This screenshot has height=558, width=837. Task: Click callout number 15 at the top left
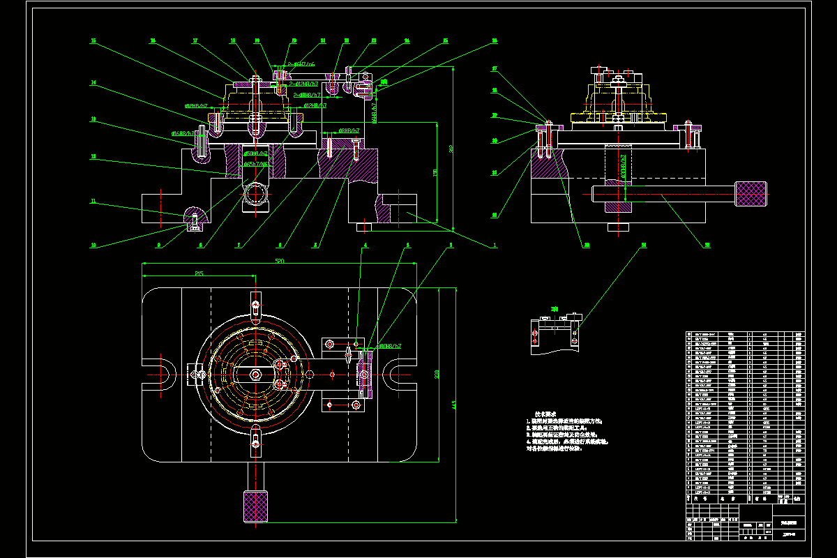tap(93, 40)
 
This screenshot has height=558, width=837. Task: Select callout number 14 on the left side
tap(93, 82)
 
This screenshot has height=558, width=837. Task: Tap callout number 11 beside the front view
tap(93, 201)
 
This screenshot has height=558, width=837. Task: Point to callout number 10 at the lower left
tap(93, 245)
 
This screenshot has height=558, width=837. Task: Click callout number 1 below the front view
tap(495, 245)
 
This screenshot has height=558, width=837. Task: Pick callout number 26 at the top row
tap(495, 40)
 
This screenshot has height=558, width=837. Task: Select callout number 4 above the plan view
tap(364, 245)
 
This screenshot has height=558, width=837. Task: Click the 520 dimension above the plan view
tap(280, 260)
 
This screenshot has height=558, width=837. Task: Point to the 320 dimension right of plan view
tap(437, 375)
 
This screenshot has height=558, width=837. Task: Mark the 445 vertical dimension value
tap(453, 405)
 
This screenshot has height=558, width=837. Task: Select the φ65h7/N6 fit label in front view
tap(256, 164)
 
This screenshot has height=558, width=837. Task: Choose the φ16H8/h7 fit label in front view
tap(182, 133)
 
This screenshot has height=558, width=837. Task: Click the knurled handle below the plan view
tap(256, 505)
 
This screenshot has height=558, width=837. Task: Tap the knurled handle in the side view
tap(751, 193)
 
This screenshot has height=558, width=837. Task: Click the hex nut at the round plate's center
tap(256, 375)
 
